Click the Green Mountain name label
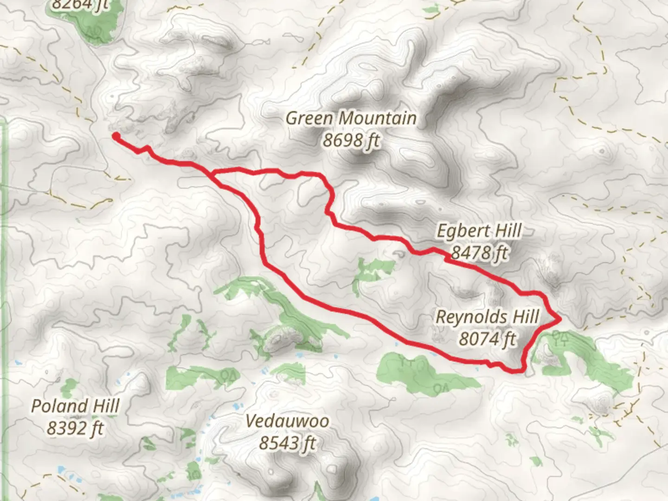[x=351, y=118]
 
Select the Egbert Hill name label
[x=479, y=231]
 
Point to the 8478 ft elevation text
[x=479, y=253]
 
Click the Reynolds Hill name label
[x=487, y=317]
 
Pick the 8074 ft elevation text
[x=487, y=339]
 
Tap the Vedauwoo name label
[x=287, y=421]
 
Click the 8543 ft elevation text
[x=287, y=443]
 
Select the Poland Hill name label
[x=75, y=406]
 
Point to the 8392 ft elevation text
[x=75, y=428]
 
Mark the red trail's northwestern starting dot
[x=116, y=135]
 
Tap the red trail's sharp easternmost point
[x=560, y=319]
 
